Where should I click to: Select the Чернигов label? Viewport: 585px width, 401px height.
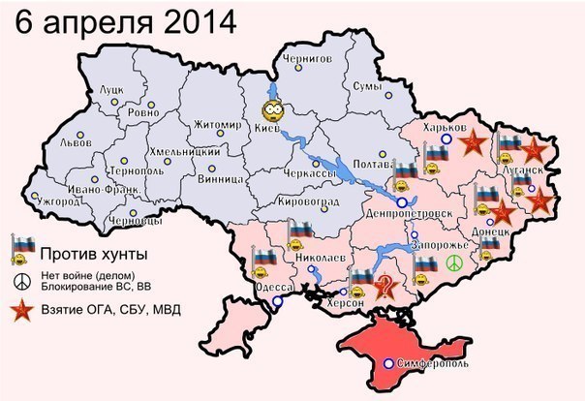(304, 59)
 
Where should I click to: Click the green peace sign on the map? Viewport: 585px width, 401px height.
(454, 262)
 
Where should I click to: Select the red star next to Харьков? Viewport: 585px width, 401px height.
(472, 144)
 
